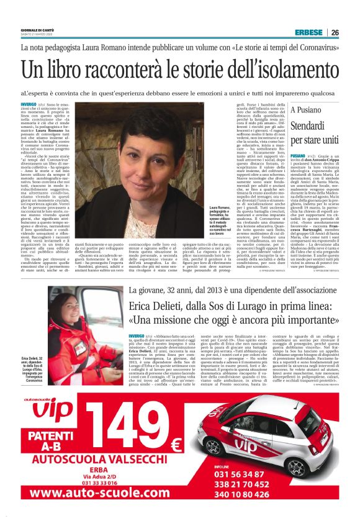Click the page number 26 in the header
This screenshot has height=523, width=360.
pyautogui.click(x=335, y=33)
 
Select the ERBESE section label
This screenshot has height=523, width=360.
pyautogui.click(x=308, y=33)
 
